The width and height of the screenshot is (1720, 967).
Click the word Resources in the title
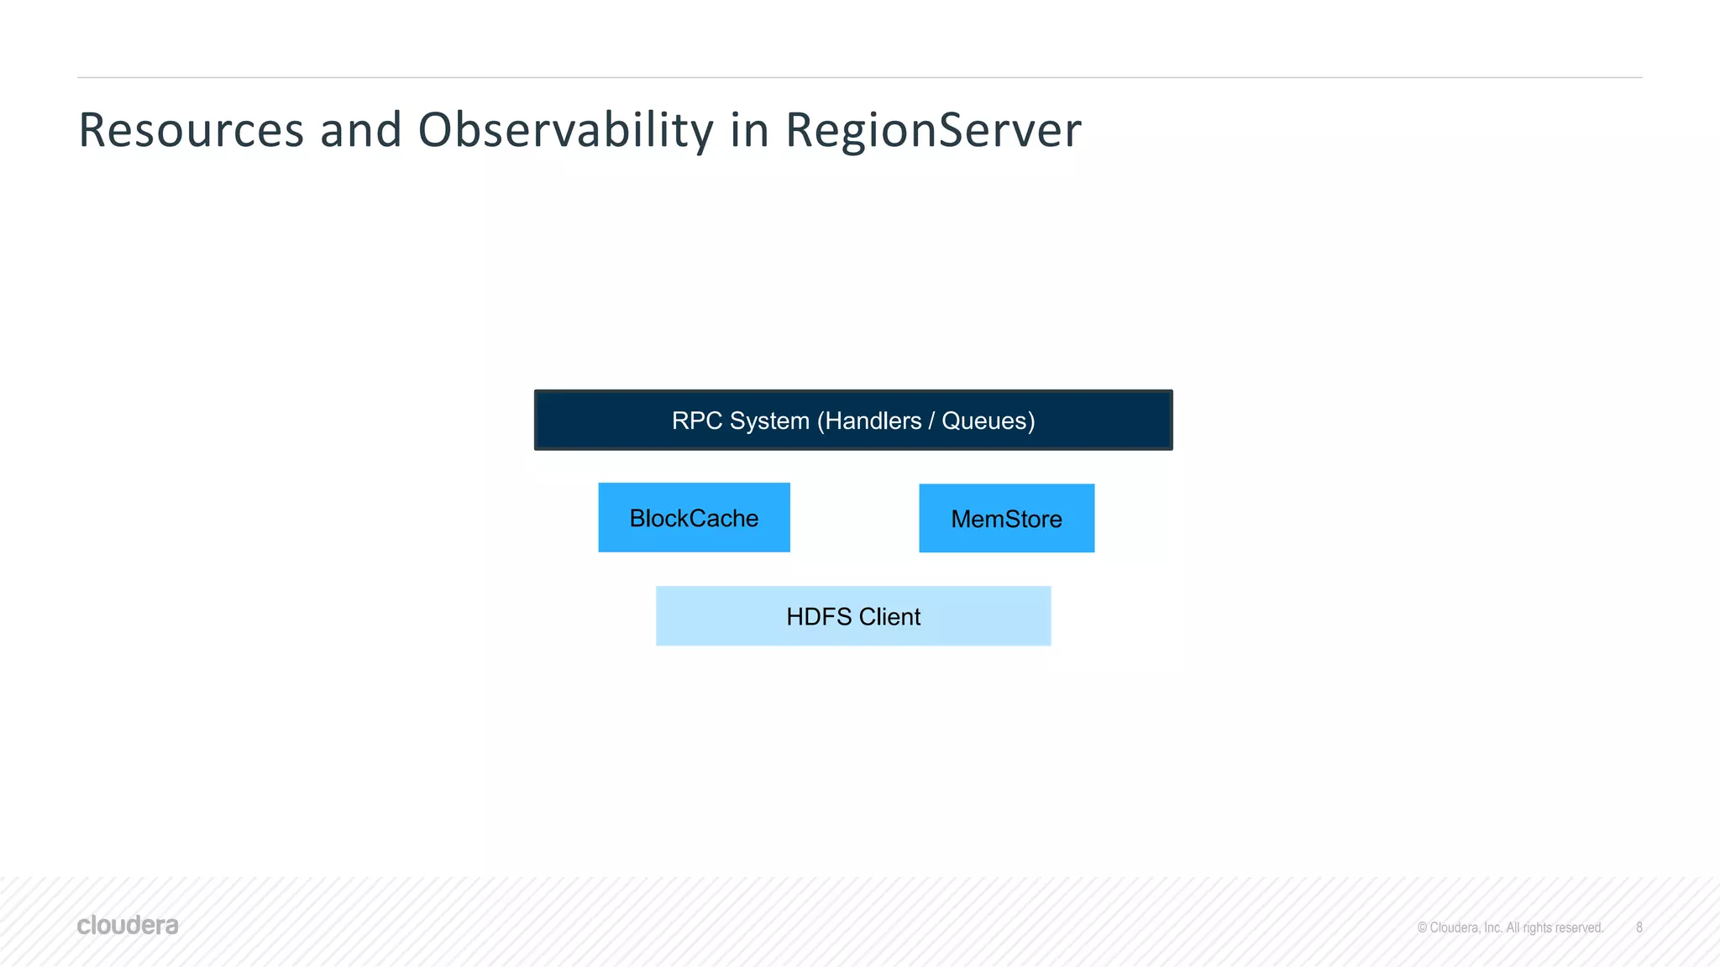(x=191, y=131)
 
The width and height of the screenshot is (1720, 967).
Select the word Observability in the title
(x=565, y=131)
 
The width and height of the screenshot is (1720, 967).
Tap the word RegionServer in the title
(x=932, y=131)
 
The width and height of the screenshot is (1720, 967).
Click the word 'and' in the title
(x=360, y=131)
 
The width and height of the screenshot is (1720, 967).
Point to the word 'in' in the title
(x=748, y=131)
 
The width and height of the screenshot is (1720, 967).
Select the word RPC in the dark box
(x=696, y=421)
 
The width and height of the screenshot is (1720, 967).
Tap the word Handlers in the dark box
(x=873, y=421)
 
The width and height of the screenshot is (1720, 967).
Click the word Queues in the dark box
(x=984, y=421)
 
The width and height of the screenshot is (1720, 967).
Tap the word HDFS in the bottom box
(x=818, y=617)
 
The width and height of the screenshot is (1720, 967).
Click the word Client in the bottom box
(x=889, y=617)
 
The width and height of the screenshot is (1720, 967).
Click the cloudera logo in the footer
(x=128, y=925)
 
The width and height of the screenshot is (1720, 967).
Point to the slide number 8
(x=1639, y=928)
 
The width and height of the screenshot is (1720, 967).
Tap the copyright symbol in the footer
(x=1422, y=928)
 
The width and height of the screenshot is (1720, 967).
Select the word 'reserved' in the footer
(x=1579, y=928)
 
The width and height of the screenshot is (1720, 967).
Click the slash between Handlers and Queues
(x=931, y=421)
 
